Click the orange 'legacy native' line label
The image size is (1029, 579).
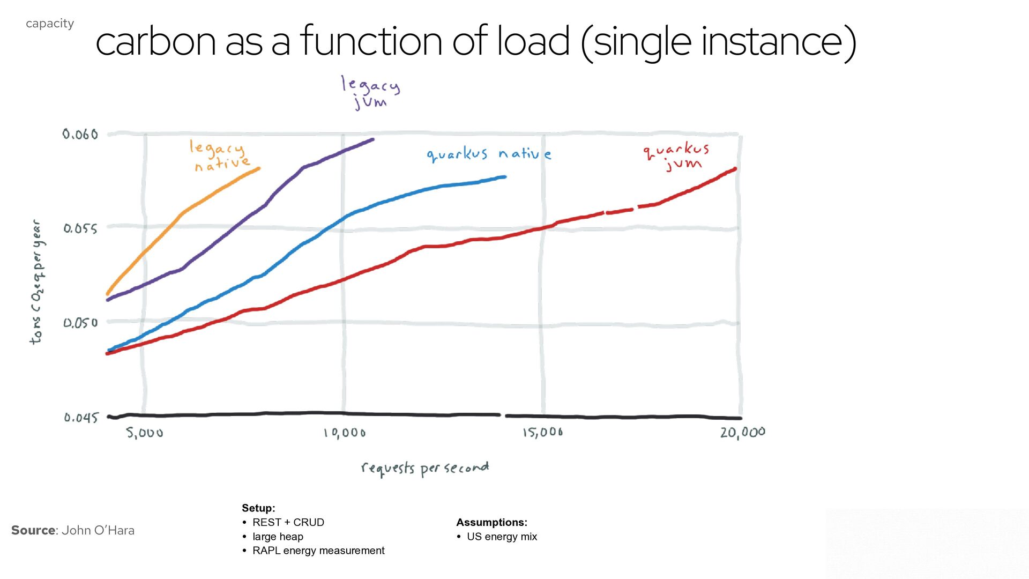coord(220,155)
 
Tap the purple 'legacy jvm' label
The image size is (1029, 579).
coord(370,92)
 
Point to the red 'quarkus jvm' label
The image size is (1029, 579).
coord(677,156)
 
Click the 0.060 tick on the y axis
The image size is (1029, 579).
coord(80,134)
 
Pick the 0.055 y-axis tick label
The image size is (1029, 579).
coord(80,229)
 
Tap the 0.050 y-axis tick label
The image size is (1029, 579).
coord(80,323)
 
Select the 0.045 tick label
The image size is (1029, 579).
coord(81,418)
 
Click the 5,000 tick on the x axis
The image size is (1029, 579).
coord(145,433)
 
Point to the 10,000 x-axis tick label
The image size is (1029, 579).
coord(345,433)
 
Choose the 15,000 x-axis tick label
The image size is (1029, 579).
coord(543,432)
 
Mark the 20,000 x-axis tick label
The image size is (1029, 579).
coord(743,433)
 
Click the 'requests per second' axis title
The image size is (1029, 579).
coord(425,469)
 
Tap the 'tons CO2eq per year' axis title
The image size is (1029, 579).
coord(37,282)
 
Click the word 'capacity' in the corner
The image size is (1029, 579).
coord(50,24)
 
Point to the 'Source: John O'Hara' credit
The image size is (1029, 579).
coord(73,530)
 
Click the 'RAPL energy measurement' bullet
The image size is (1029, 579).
coord(318,551)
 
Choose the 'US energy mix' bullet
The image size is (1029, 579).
coord(502,537)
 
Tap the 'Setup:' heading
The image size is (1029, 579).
coord(258,508)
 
